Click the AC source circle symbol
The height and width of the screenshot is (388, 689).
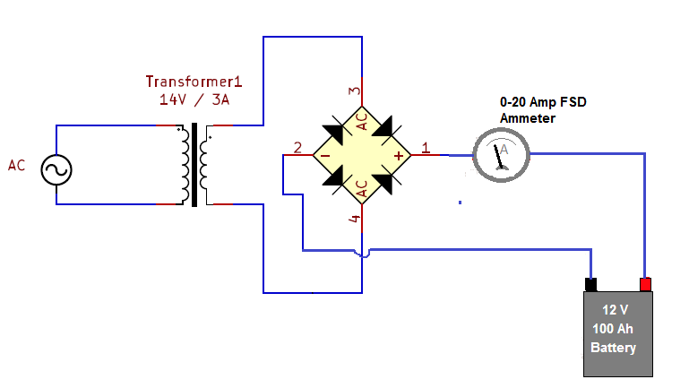coord(56,169)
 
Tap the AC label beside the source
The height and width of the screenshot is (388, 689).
coord(17,166)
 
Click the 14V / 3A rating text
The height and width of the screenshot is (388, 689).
coord(194,100)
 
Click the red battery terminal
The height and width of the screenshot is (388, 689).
coord(645,284)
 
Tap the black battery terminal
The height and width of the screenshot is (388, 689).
coord(590,285)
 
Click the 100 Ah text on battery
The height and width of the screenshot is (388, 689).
coord(614,329)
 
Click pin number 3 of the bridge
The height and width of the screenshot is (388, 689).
coord(354,91)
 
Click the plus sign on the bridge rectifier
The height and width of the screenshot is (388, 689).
coord(399,156)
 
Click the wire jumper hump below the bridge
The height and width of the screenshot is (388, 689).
coord(362,254)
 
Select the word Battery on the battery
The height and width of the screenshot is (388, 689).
coord(614,348)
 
